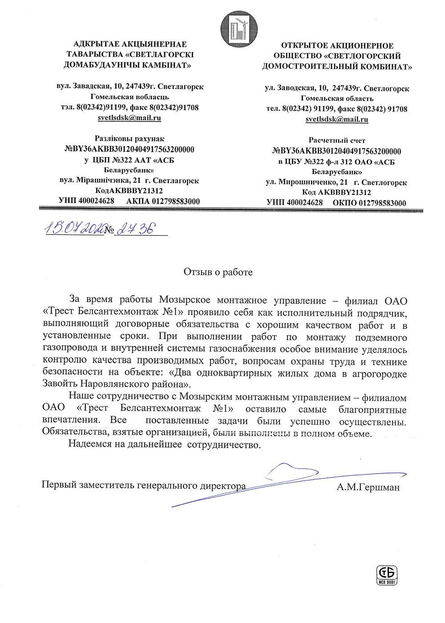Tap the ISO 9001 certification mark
[387, 575]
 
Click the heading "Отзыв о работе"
[218, 272]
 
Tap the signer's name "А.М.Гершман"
[368, 487]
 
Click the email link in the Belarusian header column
[129, 118]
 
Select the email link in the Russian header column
[337, 119]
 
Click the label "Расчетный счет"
[337, 140]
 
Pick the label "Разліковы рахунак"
[129, 139]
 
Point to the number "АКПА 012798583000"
[163, 201]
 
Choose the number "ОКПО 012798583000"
[369, 203]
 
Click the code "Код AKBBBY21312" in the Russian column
[336, 192]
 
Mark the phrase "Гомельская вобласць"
[129, 97]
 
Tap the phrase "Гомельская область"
[337, 98]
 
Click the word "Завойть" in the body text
[60, 384]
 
